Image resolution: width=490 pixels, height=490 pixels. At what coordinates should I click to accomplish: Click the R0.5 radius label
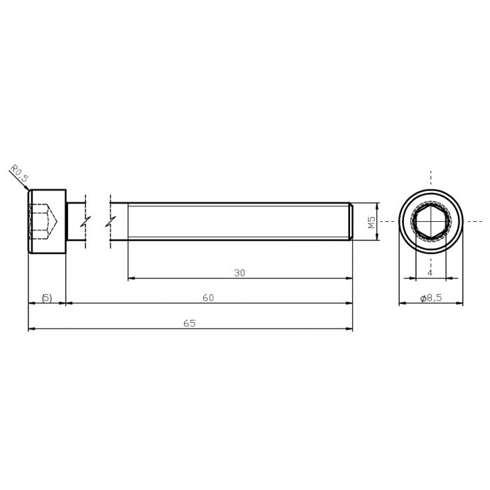[x=19, y=174]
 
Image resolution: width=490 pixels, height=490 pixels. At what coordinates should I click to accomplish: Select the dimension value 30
[x=239, y=273]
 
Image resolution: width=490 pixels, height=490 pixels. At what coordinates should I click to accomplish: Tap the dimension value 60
[x=208, y=297]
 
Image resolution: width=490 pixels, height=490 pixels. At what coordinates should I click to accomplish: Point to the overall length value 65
[x=189, y=323]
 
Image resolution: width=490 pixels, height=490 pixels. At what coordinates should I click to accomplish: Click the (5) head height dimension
[x=46, y=297]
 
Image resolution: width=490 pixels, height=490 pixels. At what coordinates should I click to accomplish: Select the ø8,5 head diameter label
[x=431, y=297]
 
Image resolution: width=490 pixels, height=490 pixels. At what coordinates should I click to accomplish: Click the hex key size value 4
[x=430, y=272]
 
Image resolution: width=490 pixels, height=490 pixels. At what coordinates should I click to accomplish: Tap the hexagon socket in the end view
[x=430, y=221]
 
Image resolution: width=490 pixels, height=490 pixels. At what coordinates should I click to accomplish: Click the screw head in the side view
[x=47, y=221]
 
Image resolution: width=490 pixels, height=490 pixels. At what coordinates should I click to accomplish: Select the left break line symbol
[x=84, y=221]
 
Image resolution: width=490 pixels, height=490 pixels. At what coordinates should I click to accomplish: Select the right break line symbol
[x=111, y=221]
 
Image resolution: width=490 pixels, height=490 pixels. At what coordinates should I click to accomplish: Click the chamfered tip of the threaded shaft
[x=350, y=221]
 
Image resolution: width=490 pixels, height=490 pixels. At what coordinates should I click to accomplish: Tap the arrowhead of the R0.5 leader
[x=29, y=187]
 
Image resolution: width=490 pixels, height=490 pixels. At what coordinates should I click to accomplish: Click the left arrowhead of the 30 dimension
[x=131, y=279]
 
